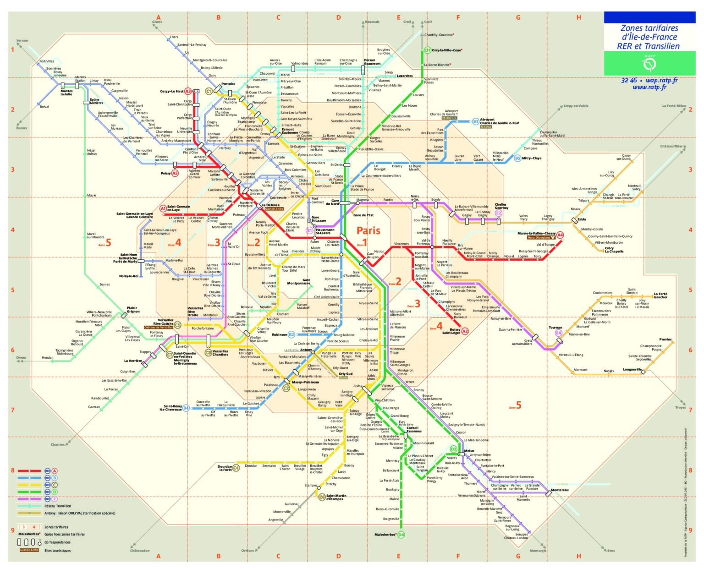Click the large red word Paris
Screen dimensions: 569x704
[x=368, y=230]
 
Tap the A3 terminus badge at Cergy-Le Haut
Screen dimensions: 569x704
[x=188, y=91]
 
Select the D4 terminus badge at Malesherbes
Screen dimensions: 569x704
[x=401, y=535]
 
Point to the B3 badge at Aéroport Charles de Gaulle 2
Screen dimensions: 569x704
[x=476, y=121]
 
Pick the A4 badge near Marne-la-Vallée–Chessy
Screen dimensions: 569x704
[x=560, y=235]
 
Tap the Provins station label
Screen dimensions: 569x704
[x=665, y=339]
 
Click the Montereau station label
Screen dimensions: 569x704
[x=560, y=490]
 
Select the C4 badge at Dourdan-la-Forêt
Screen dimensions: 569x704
[x=236, y=468]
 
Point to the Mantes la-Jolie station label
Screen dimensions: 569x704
[x=66, y=93]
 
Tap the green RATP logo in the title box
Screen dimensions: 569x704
[x=649, y=64]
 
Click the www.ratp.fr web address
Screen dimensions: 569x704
[x=649, y=87]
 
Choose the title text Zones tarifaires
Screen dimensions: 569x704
[x=649, y=28]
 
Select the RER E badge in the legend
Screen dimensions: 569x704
[x=55, y=499]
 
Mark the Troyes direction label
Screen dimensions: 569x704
[x=680, y=407]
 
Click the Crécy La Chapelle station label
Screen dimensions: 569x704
[x=614, y=250]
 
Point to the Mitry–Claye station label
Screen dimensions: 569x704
[x=532, y=158]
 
